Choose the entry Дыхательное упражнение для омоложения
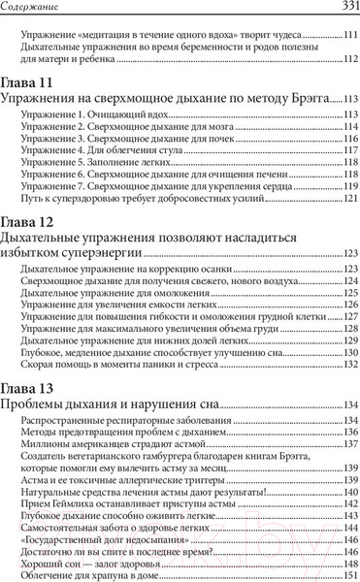(x=104, y=292)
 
